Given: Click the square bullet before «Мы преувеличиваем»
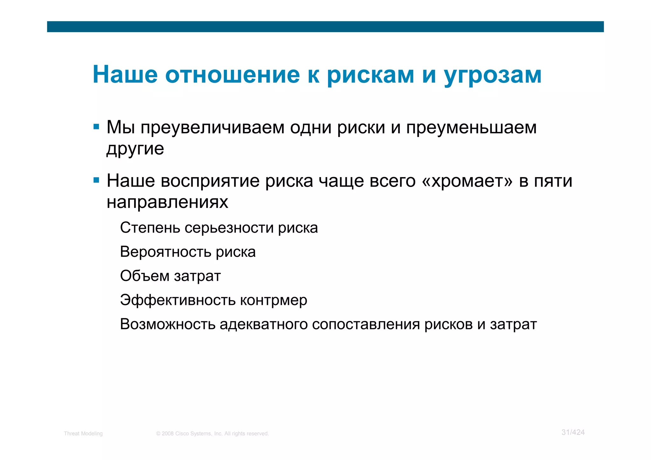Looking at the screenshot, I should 96,127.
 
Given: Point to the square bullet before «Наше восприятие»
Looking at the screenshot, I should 96,181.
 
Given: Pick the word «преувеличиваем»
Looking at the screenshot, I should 212,128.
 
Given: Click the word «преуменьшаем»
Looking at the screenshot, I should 471,128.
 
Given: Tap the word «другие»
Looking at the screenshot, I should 135,149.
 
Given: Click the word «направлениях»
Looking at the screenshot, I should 167,202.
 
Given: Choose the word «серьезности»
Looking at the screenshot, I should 229,228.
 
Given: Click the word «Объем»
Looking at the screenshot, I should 145,276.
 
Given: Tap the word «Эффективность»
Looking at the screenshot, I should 178,300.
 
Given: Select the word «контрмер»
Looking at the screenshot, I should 273,300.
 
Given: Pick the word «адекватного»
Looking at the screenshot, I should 264,324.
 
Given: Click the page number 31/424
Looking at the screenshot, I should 573,432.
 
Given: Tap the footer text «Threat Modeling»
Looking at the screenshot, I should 83,434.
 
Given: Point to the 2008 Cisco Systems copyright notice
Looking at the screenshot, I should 212,434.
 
